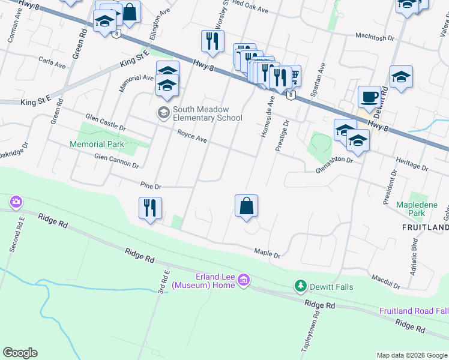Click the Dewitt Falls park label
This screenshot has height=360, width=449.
(x=331, y=287)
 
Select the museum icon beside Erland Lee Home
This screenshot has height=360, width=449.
(x=243, y=280)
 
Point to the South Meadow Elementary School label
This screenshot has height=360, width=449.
(x=207, y=113)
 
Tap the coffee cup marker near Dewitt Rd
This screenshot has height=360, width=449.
(x=369, y=96)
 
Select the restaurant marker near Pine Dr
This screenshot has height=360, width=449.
(x=150, y=208)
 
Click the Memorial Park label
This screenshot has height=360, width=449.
(x=97, y=145)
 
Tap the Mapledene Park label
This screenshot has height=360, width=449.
(x=418, y=209)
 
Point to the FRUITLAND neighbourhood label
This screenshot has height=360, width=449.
(x=425, y=228)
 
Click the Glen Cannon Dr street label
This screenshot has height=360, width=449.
(x=116, y=161)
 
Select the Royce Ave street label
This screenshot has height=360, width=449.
(x=192, y=137)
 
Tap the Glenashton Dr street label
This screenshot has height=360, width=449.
(x=334, y=166)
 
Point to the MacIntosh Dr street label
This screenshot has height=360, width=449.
(x=374, y=37)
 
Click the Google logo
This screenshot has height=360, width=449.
(x=20, y=353)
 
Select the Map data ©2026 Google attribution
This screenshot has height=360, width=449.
(x=411, y=355)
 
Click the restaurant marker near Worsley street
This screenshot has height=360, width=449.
(x=212, y=41)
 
